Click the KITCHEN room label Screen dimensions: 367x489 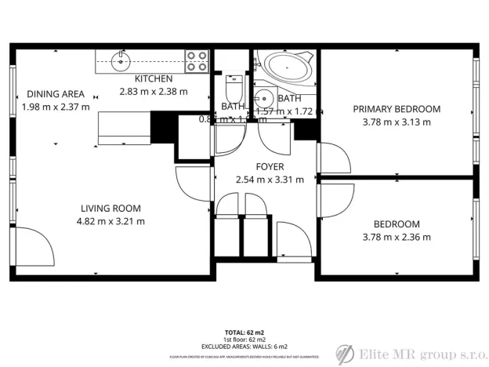coord(154,79)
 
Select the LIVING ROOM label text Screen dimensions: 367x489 coord(110,209)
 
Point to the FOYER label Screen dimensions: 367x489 coord(270,167)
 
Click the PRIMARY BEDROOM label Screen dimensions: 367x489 coord(396,109)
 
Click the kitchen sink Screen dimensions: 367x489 coord(120,60)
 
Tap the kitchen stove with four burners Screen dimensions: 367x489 coord(196,60)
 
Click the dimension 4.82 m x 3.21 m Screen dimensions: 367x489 coord(110,221)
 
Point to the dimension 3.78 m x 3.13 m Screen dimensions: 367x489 coord(396,122)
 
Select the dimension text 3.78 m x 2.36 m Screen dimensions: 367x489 coord(396,237)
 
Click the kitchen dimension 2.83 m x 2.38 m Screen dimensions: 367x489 coord(154,91)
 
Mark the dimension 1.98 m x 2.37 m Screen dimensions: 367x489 coord(55,107)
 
